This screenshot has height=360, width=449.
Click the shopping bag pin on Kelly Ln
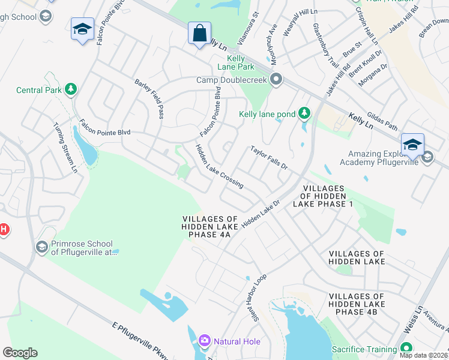(x=199, y=34)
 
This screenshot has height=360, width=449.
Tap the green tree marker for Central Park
(x=71, y=90)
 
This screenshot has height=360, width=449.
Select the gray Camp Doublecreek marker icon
(x=276, y=79)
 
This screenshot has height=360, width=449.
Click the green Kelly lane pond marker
(x=305, y=113)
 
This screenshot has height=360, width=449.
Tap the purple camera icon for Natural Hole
(x=204, y=341)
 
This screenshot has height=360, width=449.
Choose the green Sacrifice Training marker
(x=406, y=349)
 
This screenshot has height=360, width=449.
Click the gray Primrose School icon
(x=41, y=247)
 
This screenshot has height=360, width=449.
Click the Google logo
(x=20, y=353)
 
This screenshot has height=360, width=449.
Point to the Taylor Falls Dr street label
(x=270, y=158)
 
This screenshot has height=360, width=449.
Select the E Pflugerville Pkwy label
(x=143, y=340)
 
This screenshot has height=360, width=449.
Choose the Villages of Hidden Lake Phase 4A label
(x=210, y=226)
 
